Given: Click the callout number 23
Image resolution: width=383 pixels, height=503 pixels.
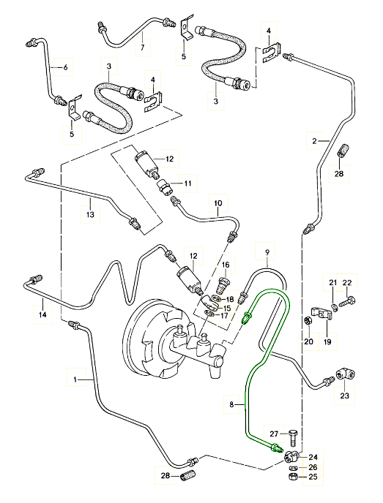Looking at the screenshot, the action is click(344, 396).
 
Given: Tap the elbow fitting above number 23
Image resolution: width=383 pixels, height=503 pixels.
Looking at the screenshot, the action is click(346, 375).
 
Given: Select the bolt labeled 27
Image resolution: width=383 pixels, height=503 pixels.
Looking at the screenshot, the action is click(294, 437).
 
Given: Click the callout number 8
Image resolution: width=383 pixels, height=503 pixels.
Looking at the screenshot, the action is click(232, 405).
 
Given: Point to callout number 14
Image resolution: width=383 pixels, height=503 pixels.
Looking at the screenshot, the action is click(42, 314).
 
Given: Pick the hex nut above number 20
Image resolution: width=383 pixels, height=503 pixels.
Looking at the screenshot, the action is click(308, 320).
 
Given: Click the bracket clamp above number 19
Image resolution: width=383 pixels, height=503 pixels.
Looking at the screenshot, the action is click(321, 313).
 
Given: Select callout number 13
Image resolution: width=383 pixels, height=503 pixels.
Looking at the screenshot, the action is click(90, 214).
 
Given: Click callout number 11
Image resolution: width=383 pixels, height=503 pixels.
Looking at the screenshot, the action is click(187, 184).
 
